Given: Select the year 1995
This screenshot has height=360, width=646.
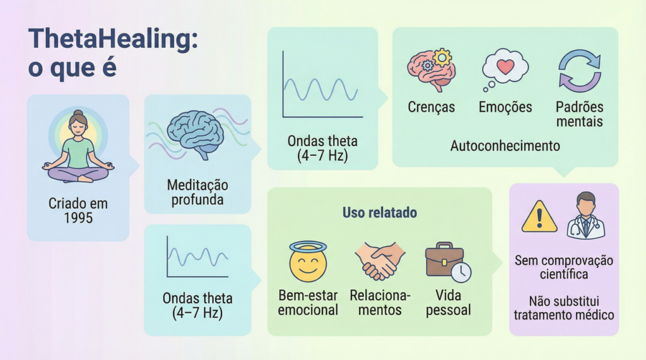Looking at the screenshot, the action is (x=78, y=218).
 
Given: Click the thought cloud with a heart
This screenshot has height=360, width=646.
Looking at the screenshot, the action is (x=504, y=68).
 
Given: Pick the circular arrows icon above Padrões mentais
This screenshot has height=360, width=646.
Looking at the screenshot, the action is (x=579, y=71).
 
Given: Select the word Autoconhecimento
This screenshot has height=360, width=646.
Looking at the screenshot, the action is (x=505, y=146).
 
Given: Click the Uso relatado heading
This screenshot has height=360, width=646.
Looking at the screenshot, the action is (x=379, y=213).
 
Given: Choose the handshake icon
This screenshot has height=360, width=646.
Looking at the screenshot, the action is (x=379, y=261).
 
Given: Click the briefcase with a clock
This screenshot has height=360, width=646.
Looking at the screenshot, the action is (x=447, y=261).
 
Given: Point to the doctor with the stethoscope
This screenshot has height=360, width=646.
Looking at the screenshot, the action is (x=585, y=216).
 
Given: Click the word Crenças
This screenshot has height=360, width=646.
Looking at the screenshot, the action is (x=431, y=107).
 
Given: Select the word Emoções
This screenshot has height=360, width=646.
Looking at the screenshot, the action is (x=505, y=107).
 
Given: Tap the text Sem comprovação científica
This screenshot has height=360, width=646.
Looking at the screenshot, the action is (x=563, y=267).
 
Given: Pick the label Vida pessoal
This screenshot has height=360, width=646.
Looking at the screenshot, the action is (x=448, y=303).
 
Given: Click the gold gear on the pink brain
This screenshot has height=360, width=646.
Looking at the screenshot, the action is (x=442, y=57).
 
